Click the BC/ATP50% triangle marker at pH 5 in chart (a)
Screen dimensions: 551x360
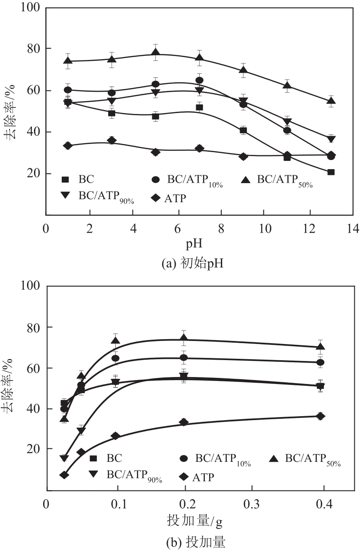pos(156,53)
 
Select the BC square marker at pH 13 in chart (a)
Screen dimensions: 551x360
pos(331,172)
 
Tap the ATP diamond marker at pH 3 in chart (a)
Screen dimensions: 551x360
pos(112,140)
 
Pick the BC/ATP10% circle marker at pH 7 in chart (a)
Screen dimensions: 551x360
pos(199,80)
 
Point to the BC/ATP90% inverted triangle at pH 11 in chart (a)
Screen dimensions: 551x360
pos(287,121)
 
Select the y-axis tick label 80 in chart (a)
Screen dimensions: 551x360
pos(31,49)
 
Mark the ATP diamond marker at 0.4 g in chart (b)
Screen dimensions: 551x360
pos(320,416)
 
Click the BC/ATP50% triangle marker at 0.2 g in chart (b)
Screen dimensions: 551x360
pos(184,338)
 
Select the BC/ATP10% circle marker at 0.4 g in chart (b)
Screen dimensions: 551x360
pos(320,362)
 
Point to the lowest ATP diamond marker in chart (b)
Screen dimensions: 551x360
pos(64,475)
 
